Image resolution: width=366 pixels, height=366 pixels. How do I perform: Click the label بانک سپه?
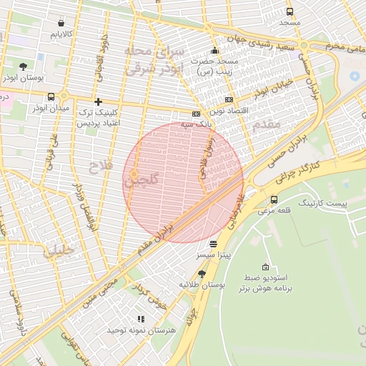pyautogui.click(x=216, y=125)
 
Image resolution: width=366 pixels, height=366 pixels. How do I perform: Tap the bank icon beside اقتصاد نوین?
pyautogui.click(x=229, y=100)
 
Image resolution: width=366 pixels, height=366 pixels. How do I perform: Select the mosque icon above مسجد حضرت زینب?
pyautogui.click(x=214, y=51)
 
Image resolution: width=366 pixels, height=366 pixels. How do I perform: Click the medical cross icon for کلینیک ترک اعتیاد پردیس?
pyautogui.click(x=98, y=102)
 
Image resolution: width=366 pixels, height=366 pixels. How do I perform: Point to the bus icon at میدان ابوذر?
pyautogui.click(x=51, y=97)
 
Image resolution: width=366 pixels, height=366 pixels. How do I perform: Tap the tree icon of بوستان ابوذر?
pyautogui.click(x=23, y=66)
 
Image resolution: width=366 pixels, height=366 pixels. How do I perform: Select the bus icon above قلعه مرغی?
pyautogui.click(x=274, y=199)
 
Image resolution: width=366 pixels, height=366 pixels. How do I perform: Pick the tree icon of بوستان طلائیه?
pyautogui.click(x=201, y=274)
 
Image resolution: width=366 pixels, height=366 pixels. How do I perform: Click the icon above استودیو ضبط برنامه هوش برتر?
pyautogui.click(x=267, y=266)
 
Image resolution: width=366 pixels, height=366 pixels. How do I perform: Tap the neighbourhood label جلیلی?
pyautogui.click(x=57, y=251)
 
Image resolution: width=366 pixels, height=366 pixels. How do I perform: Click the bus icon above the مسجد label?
pyautogui.click(x=290, y=11)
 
